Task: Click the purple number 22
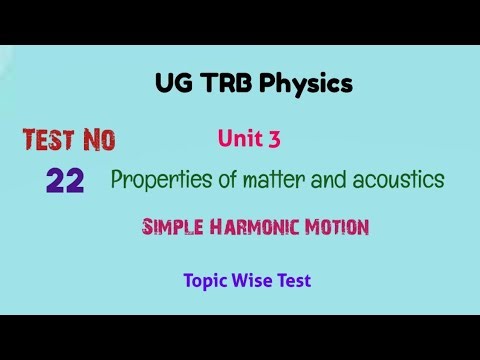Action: (x=65, y=180)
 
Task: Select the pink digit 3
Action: (x=274, y=140)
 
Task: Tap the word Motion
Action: (x=333, y=227)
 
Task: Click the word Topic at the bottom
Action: (x=207, y=281)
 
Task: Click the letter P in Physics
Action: (x=267, y=84)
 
